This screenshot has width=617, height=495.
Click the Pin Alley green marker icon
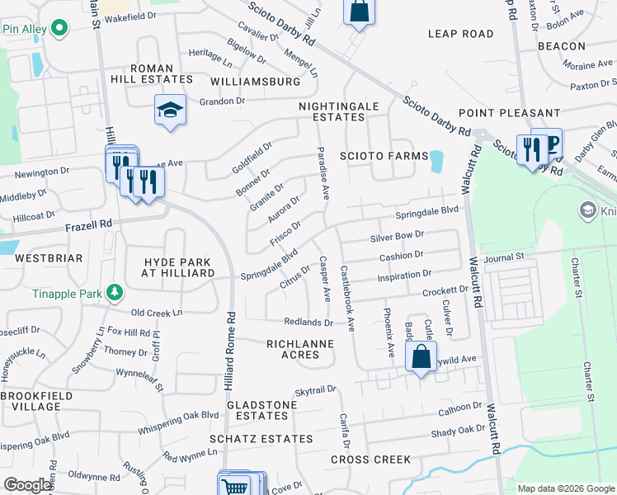[x=59, y=29]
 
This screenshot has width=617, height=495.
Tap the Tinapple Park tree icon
[x=115, y=293]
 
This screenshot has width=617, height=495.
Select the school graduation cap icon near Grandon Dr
[x=169, y=110]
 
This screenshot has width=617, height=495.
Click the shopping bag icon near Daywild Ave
[x=421, y=358]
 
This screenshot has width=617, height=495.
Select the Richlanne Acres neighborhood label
[x=299, y=349]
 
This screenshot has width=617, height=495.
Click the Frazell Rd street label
[x=90, y=224]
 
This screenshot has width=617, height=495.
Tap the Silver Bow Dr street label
[x=397, y=237]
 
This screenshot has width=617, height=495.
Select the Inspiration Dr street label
[x=403, y=274]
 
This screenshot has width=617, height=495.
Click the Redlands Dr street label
[x=308, y=323]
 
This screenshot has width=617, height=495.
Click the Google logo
[x=27, y=485]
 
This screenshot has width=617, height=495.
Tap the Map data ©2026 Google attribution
[x=565, y=488]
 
